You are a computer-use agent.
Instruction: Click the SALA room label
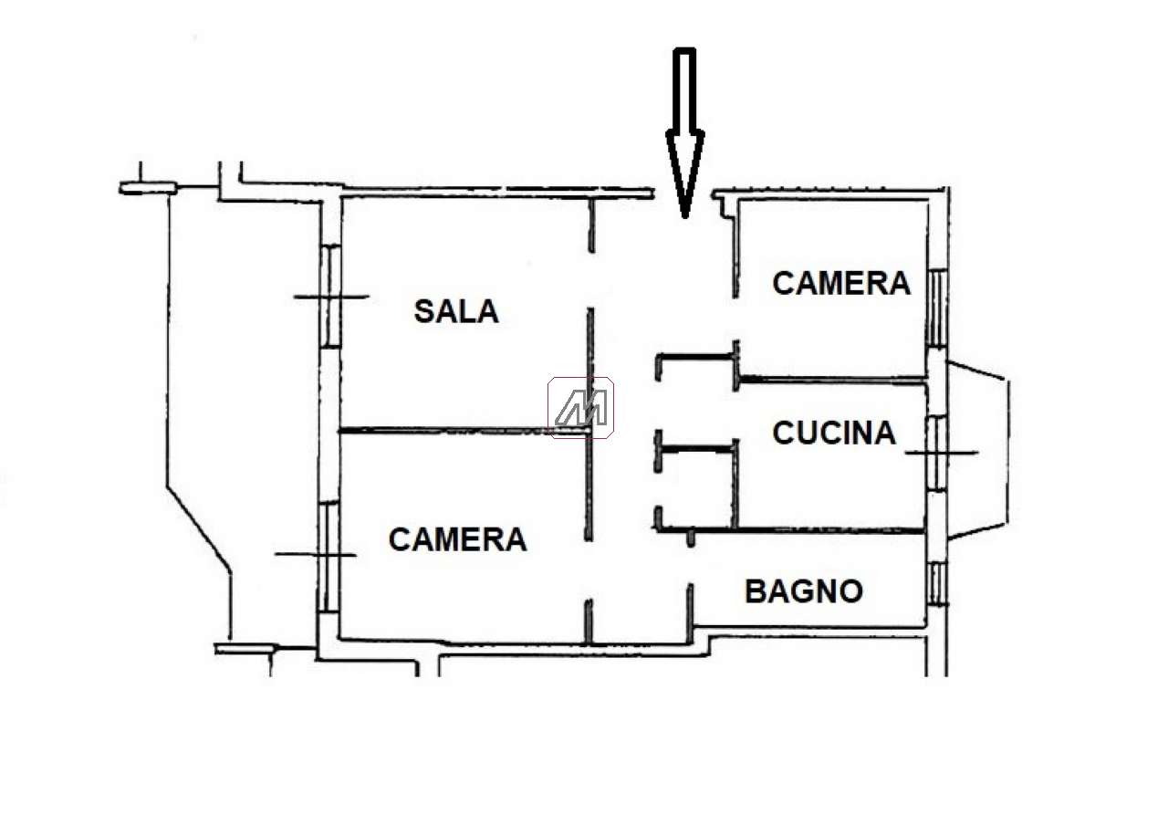(456, 311)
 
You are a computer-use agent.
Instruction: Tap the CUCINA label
(834, 433)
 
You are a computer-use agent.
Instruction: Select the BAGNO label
(804, 591)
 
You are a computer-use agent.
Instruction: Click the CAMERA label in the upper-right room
(841, 283)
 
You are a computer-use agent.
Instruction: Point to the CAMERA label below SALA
(457, 539)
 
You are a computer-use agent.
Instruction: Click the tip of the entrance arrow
(684, 216)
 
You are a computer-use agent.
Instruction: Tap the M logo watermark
(580, 407)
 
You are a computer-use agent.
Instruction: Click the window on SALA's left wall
(330, 296)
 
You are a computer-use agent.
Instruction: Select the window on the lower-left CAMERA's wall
(329, 557)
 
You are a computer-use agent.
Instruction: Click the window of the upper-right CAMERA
(937, 308)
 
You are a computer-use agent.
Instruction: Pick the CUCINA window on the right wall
(937, 453)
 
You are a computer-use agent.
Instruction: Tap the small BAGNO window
(937, 583)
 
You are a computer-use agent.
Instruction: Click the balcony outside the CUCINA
(977, 449)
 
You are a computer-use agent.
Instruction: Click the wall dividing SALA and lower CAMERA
(464, 431)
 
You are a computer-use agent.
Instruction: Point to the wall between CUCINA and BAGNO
(790, 530)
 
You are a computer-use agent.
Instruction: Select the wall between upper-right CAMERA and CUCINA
(832, 381)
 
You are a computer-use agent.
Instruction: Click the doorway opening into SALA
(590, 280)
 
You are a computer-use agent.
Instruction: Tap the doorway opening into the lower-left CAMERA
(589, 569)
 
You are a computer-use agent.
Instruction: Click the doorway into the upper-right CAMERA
(735, 319)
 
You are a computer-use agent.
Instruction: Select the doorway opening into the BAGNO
(691, 565)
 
